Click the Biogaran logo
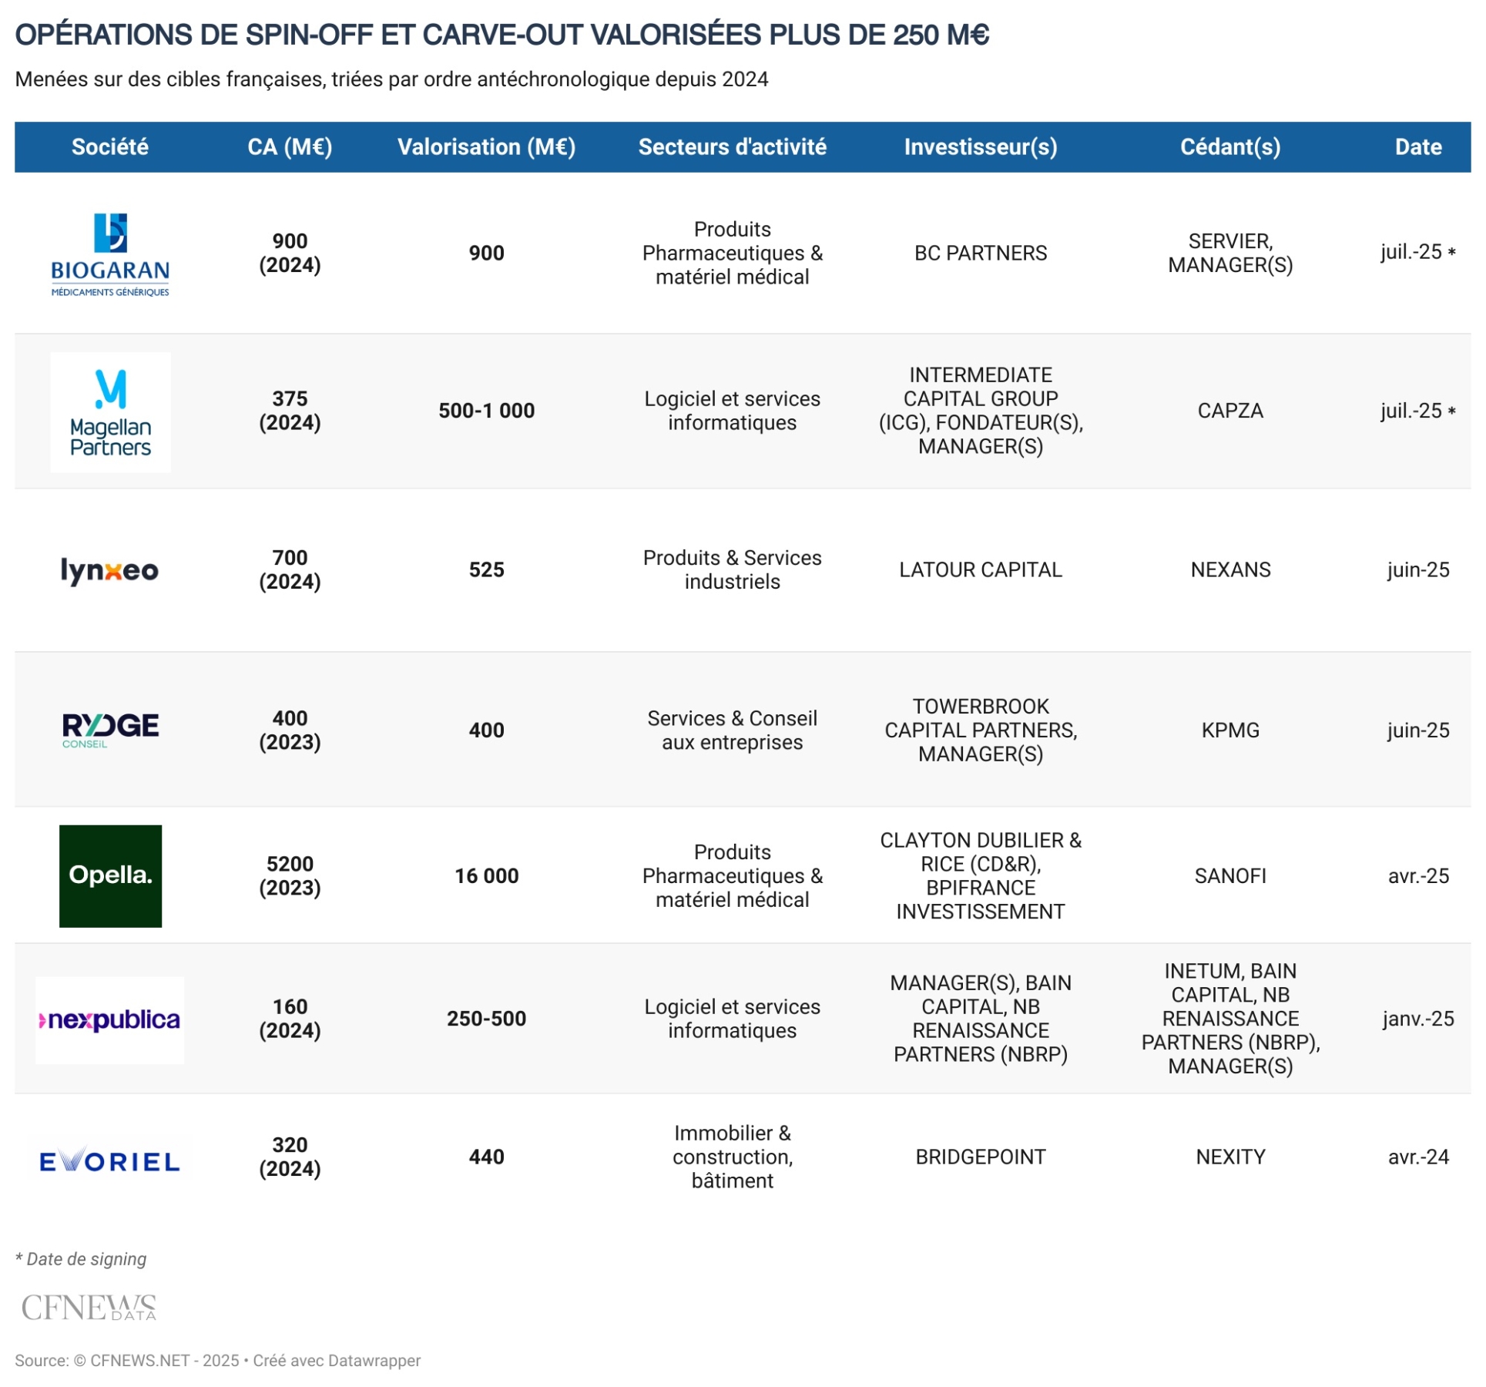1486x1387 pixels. pos(110,254)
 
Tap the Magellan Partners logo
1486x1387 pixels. pos(110,411)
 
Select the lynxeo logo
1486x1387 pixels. pos(109,570)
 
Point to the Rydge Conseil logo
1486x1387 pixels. pos(110,729)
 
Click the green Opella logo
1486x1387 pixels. pos(110,875)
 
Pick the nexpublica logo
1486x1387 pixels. pos(109,1020)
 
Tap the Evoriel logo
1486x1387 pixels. pos(109,1160)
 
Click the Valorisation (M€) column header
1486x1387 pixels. pos(486,146)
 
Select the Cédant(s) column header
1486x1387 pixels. pos(1229,146)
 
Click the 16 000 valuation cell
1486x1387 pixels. pos(486,875)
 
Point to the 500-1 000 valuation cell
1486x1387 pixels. pos(486,411)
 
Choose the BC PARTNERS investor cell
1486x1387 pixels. pos(980,253)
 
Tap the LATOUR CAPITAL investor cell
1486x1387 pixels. pos(980,569)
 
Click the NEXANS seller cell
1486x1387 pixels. pos(1229,569)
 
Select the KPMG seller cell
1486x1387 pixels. pos(1229,730)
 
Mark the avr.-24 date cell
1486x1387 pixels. pos(1417,1157)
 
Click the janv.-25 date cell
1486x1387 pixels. pos(1417,1019)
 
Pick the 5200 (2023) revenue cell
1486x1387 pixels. pos(290,875)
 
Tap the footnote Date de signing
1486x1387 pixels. pos(81,1259)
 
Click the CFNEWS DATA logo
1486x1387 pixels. pos(89,1308)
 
